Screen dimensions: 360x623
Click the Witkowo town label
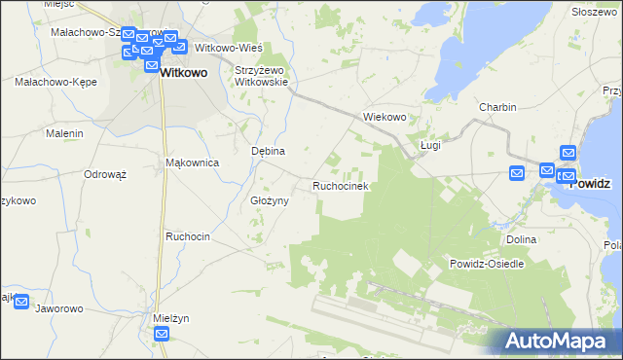183,72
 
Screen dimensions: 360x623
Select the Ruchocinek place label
339,185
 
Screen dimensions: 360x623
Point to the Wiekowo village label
384,117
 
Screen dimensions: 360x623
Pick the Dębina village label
268,152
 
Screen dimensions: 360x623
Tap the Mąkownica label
193,162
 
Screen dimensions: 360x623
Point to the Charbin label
496,107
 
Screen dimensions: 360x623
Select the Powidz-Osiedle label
487,264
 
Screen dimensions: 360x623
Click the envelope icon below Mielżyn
162,334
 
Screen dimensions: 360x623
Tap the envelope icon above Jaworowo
20,303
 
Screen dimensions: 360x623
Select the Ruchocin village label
188,236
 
